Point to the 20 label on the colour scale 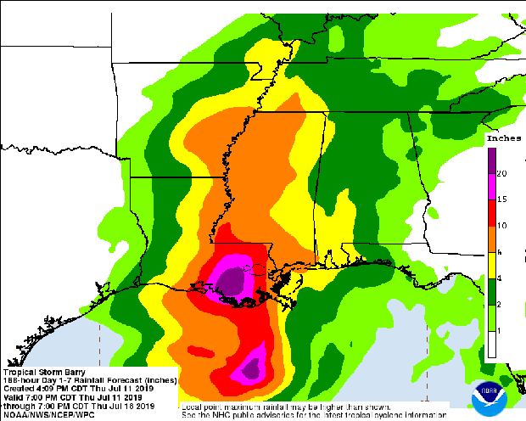[x=502, y=173]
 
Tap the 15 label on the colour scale [x=502, y=199]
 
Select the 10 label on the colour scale [x=502, y=225]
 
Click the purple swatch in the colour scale [x=491, y=160]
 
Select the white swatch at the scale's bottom [x=491, y=343]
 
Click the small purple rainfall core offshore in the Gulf [x=251, y=368]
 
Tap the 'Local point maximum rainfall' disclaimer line [x=288, y=407]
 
